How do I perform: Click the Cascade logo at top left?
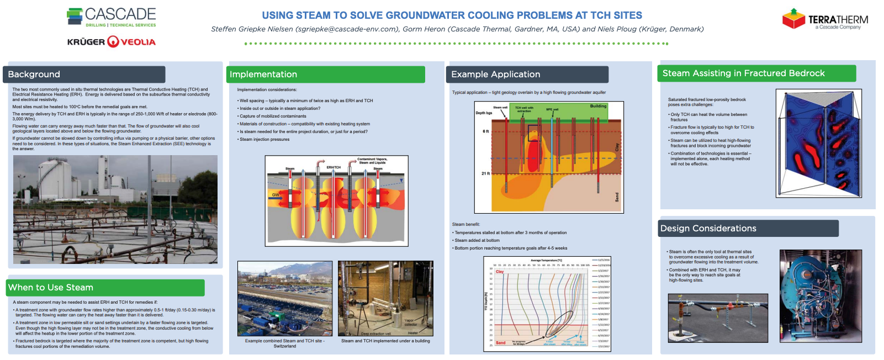tap(112, 17)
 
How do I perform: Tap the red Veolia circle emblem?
tap(113, 41)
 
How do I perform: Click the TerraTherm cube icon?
tap(793, 19)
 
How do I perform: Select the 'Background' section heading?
tap(34, 75)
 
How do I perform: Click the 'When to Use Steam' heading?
tap(51, 288)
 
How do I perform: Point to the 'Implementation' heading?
tap(263, 75)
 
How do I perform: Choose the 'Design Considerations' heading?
tap(708, 229)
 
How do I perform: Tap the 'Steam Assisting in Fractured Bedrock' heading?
tap(743, 73)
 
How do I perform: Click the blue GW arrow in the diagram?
tap(277, 195)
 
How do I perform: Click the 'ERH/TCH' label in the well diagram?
tap(334, 167)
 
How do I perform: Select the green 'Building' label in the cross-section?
tap(598, 106)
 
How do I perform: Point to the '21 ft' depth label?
tap(485, 173)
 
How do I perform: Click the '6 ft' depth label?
tap(486, 131)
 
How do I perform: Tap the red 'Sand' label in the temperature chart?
tap(500, 343)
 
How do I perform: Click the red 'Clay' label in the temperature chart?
tap(500, 272)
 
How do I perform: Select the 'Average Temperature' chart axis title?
tap(546, 261)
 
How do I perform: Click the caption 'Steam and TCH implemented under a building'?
tap(385, 341)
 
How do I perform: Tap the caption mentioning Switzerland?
tap(285, 343)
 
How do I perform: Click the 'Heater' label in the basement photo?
tap(413, 333)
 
